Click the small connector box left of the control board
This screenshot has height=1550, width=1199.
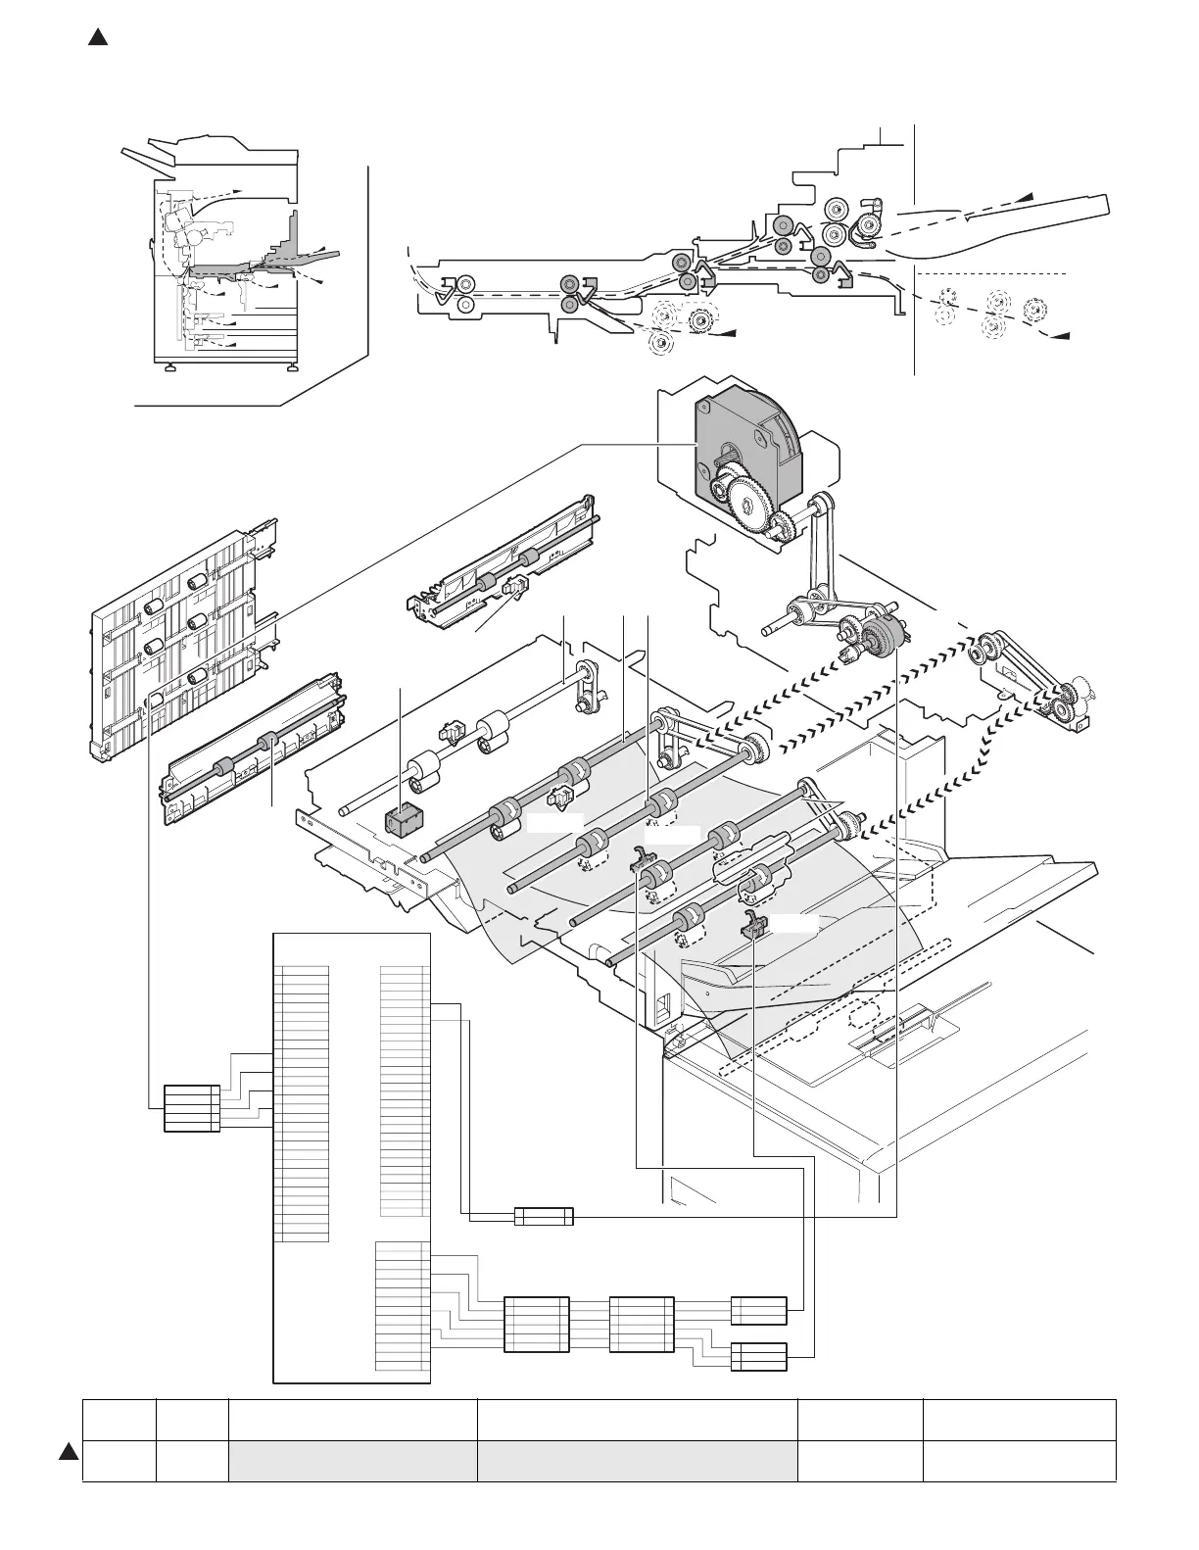191,1108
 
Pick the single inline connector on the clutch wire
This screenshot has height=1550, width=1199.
544,1217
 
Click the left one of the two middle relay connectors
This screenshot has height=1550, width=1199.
536,1326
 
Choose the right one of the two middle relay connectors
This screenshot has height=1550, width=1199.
641,1326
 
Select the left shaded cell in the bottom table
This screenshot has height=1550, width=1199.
352,1460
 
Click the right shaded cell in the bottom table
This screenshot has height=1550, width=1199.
636,1460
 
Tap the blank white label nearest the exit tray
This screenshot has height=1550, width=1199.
791,924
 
